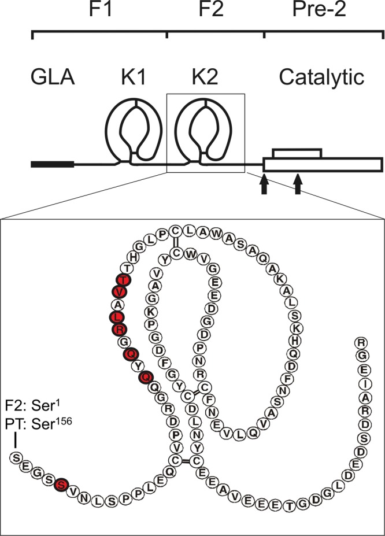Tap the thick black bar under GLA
tap(53, 165)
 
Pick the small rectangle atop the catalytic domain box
tap(297, 153)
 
